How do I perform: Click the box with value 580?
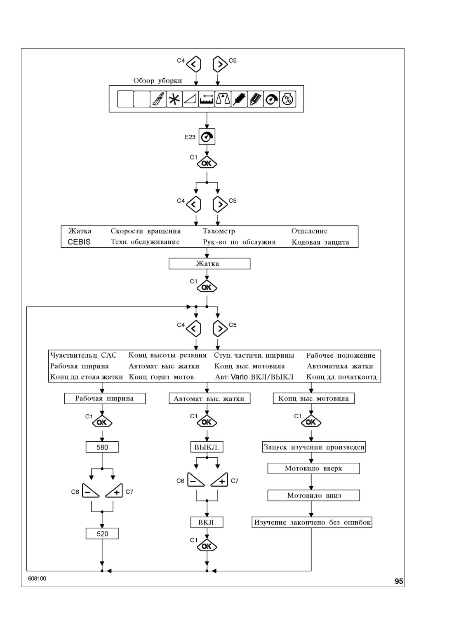click(x=102, y=447)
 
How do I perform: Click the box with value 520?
click(x=102, y=534)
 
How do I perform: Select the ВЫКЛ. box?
click(x=207, y=447)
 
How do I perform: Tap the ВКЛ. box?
click(x=207, y=522)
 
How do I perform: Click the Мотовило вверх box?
click(x=313, y=469)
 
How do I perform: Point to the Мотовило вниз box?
click(x=313, y=495)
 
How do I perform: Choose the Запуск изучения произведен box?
click(x=314, y=447)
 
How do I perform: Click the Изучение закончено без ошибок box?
click(x=312, y=522)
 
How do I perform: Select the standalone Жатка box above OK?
click(x=209, y=263)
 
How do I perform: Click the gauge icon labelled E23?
click(x=207, y=137)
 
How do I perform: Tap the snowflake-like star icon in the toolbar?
click(x=174, y=99)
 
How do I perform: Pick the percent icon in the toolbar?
click(x=288, y=99)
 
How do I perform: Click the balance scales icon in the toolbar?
click(x=223, y=99)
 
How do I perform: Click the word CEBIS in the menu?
click(x=79, y=242)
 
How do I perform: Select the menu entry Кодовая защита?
click(x=320, y=242)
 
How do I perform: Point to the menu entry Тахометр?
click(x=219, y=231)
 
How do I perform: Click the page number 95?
click(x=399, y=581)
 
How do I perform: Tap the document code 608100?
click(x=37, y=579)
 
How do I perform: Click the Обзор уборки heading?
click(x=158, y=80)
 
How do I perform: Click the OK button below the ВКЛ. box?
click(x=207, y=546)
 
